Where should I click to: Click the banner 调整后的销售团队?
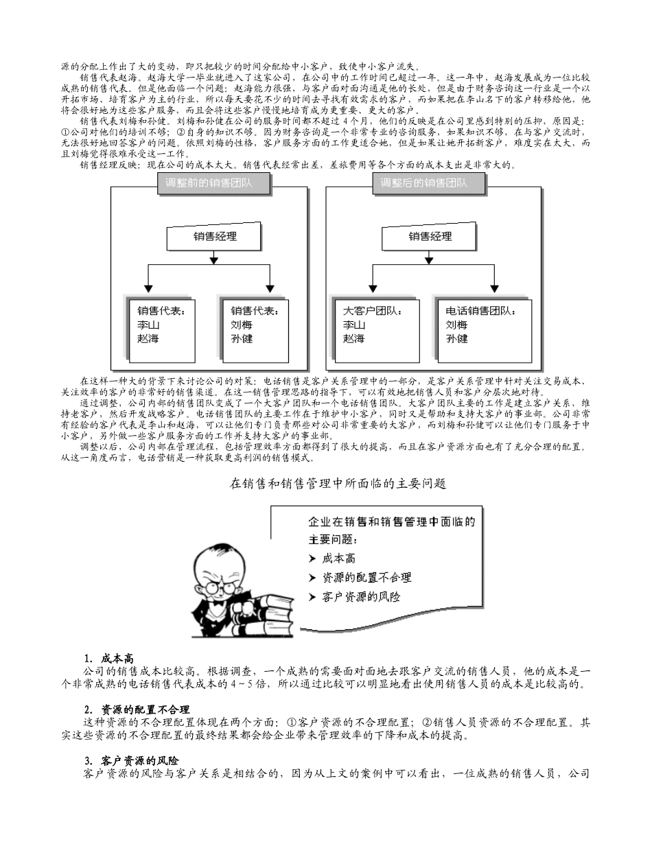click(423, 183)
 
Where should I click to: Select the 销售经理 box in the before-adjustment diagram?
click(215, 237)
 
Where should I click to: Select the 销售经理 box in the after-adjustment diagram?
click(430, 237)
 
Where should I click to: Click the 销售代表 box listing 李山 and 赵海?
click(162, 330)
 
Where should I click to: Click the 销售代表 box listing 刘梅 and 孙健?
click(255, 330)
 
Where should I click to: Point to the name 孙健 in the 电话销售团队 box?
click(456, 339)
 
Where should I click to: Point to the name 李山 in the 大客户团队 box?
click(354, 325)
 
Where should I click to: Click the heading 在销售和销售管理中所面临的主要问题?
click(338, 484)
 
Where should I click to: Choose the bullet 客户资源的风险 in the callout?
click(360, 597)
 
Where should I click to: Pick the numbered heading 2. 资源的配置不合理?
click(137, 710)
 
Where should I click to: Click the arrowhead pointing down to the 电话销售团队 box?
click(495, 288)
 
